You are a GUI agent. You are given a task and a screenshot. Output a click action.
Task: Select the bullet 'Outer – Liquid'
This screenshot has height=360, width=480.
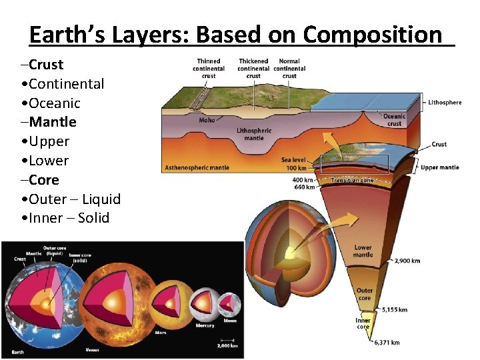point(71,199)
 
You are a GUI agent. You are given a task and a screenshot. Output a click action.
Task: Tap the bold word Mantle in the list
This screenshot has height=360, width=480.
point(52,122)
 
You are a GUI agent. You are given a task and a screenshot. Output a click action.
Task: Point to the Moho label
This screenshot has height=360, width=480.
point(207,121)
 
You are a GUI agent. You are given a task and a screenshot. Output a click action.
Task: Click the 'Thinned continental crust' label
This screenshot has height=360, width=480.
point(209,68)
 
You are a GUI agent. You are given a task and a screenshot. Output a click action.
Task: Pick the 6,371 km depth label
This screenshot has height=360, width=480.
point(386,343)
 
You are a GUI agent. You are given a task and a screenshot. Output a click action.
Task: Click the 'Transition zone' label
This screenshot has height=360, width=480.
point(353,180)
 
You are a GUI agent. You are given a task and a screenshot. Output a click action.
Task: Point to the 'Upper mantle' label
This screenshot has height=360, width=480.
point(439,168)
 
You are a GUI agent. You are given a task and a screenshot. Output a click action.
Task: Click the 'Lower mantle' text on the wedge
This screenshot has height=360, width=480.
point(363,251)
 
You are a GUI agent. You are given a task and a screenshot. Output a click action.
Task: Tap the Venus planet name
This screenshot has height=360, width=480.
point(93,350)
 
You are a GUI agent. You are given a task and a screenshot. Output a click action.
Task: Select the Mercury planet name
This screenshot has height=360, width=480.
point(205,325)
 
